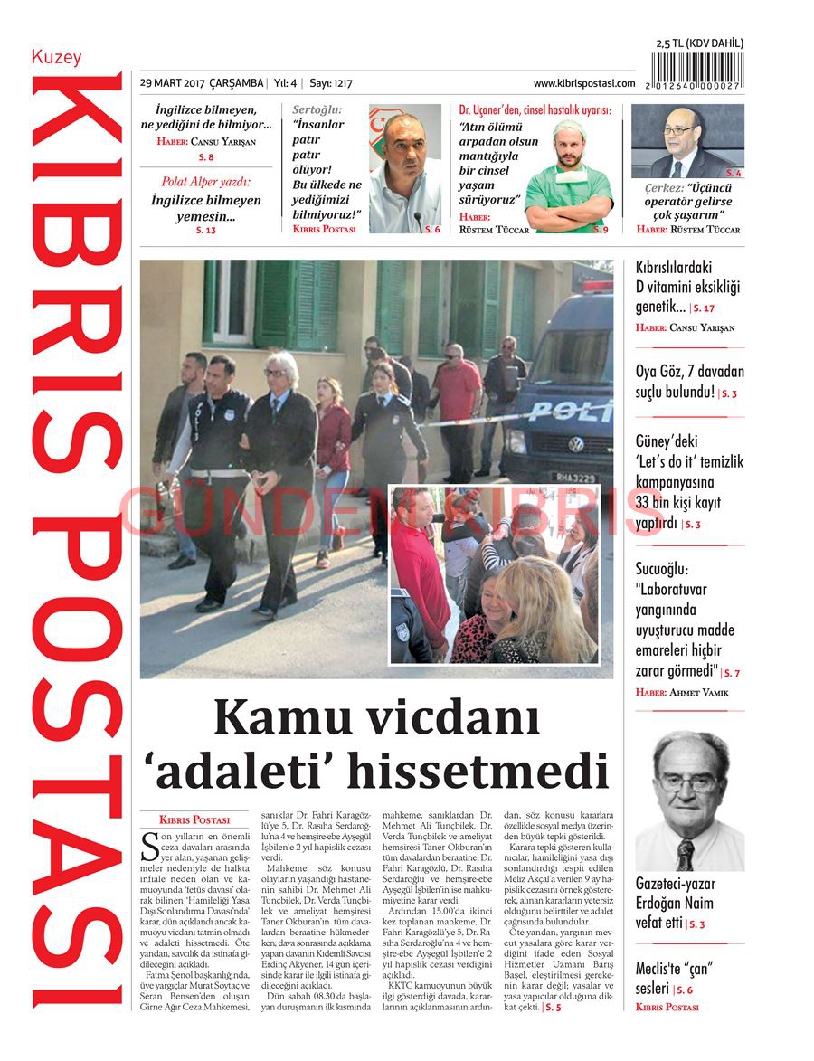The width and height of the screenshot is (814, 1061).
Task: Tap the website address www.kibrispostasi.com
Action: tap(584, 83)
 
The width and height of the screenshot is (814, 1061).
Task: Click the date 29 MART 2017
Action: tap(172, 83)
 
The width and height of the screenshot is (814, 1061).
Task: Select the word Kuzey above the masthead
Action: tap(56, 57)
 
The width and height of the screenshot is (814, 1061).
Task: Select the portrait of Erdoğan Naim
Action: tap(689, 801)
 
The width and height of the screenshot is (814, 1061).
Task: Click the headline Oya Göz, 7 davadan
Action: tap(689, 372)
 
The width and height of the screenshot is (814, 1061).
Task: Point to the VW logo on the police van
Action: tap(576, 444)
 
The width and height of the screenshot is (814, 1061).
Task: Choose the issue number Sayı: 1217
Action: tap(331, 83)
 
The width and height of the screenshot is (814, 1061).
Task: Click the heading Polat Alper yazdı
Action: tap(205, 182)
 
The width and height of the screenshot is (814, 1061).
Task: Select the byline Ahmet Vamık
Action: tap(698, 693)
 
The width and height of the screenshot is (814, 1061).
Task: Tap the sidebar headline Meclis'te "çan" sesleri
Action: tap(675, 979)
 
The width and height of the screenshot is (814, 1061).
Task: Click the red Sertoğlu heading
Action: tap(317, 109)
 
